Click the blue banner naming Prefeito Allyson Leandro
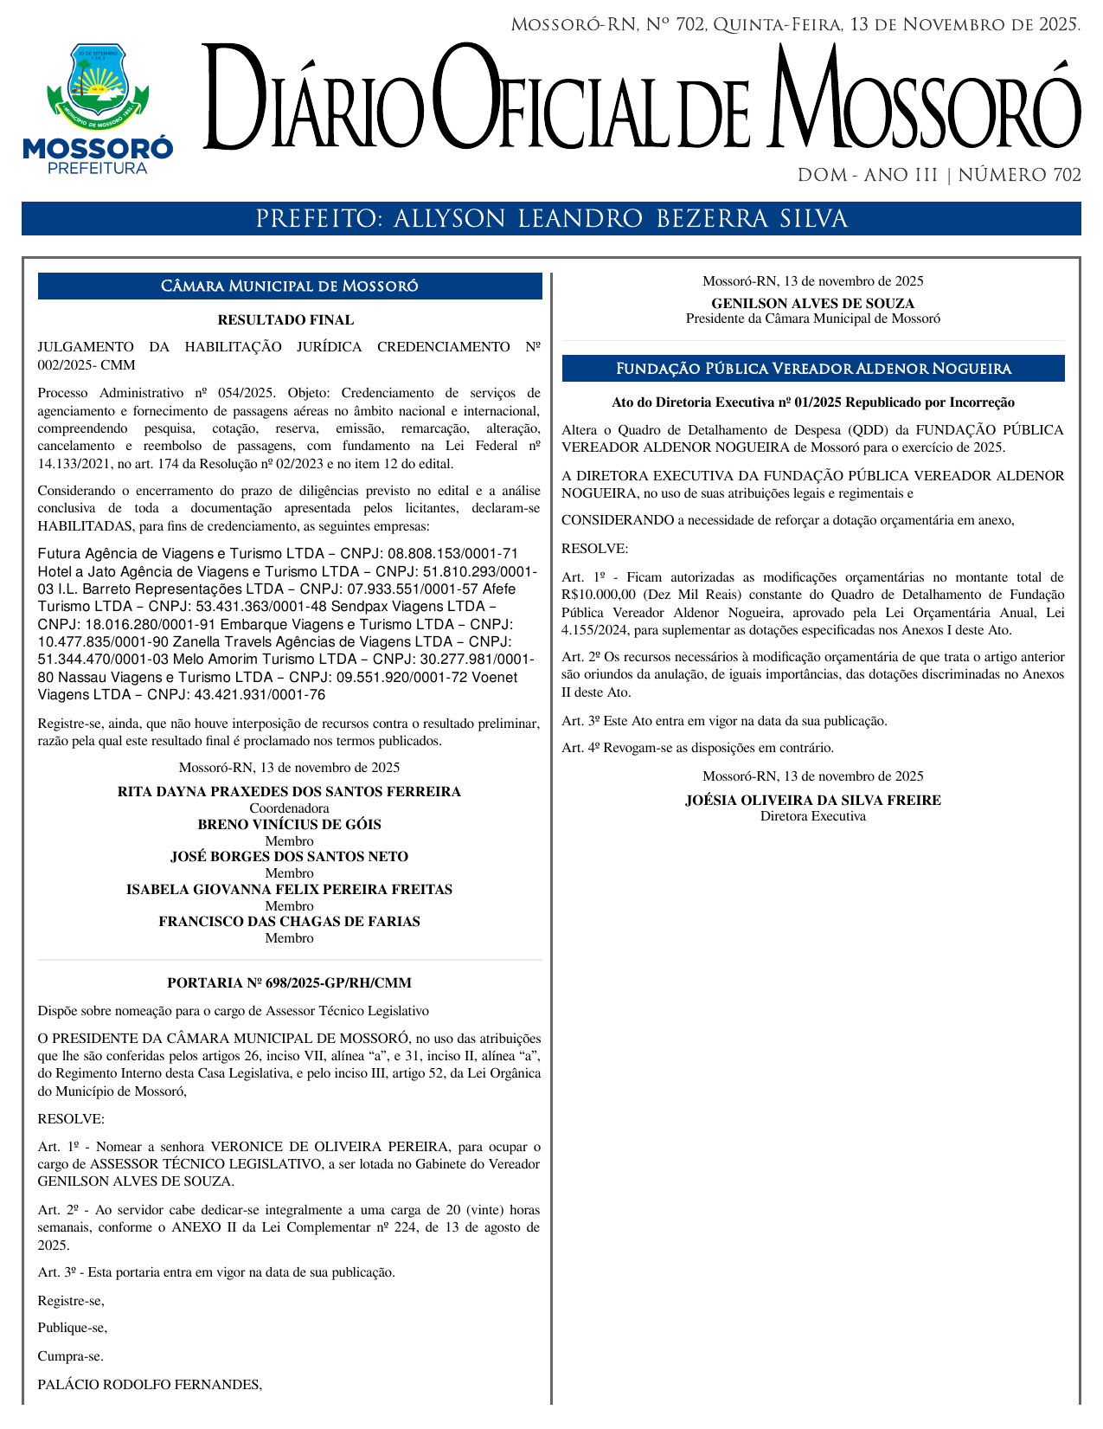[551, 219]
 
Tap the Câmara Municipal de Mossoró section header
[290, 286]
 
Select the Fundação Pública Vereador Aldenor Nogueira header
[813, 369]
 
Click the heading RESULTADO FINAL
[285, 320]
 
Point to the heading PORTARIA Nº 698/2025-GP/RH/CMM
[289, 983]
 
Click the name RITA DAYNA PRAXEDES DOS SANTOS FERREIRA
[289, 792]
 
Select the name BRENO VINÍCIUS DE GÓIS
[289, 825]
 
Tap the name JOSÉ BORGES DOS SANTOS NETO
[289, 857]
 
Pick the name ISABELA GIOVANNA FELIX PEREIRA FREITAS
[289, 890]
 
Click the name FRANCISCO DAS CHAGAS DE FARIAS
[289, 922]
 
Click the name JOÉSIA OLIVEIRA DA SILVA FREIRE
[812, 801]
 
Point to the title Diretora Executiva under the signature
[812, 816]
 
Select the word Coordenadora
[289, 808]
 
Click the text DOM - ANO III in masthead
[867, 176]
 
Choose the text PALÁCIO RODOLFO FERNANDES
[149, 1385]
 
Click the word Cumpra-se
[70, 1356]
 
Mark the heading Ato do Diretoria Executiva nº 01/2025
[812, 402]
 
